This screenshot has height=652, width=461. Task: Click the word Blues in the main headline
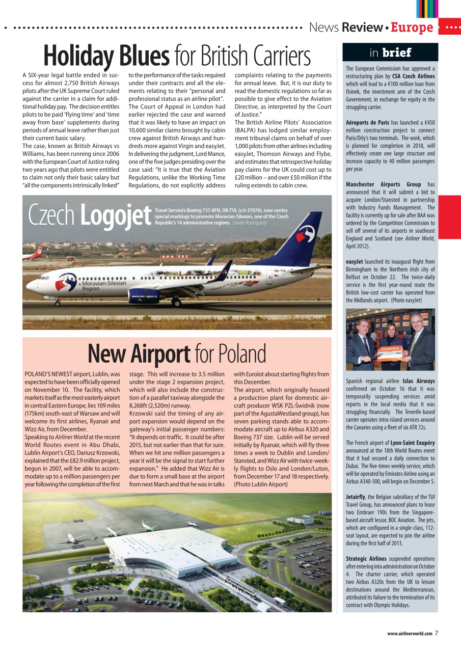tap(144, 56)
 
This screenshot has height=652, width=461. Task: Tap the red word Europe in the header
tap(412, 28)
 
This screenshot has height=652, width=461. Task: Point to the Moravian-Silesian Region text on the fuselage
tap(104, 286)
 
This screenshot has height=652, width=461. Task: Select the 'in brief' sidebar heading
tap(390, 52)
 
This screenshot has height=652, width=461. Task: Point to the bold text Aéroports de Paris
tap(367, 123)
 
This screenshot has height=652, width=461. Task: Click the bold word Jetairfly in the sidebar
tap(356, 497)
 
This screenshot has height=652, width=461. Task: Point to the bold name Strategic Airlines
tap(366, 559)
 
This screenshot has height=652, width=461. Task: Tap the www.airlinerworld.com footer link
tap(409, 634)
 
